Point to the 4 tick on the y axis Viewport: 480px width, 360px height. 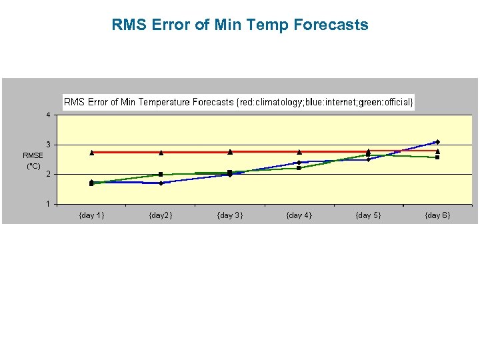pos(48,115)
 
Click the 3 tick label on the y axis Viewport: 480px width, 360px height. pos(48,145)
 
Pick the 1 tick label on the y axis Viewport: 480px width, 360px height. pos(48,204)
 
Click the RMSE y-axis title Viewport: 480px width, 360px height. pos(33,155)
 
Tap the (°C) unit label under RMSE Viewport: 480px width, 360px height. pos(33,165)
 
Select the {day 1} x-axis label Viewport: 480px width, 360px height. pos(91,215)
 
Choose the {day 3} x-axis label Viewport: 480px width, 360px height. pos(229,215)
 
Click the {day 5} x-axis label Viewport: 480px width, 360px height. pos(368,215)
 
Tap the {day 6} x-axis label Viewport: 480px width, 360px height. pos(437,215)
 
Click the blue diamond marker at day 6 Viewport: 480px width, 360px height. pos(437,142)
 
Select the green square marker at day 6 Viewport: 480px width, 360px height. pos(437,157)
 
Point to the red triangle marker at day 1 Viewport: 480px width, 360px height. pos(91,152)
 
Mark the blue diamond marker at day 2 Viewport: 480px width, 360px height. pos(161,183)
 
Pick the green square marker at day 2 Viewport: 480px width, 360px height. pos(161,174)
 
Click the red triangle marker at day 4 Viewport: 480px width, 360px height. pos(299,151)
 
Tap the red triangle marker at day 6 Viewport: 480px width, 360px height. pos(437,151)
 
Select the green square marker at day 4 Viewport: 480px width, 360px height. pos(299,168)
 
